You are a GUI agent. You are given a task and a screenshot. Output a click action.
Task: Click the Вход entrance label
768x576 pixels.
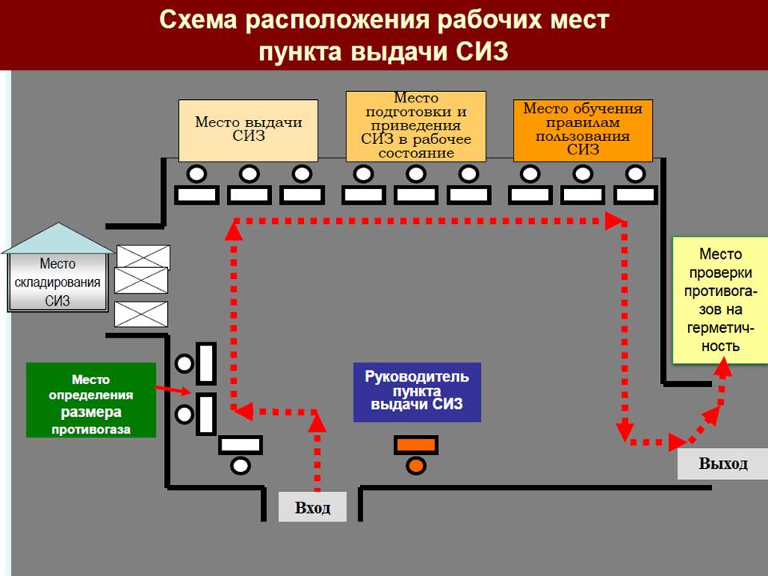[x=312, y=508]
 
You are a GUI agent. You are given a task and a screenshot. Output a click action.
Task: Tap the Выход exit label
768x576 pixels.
[x=722, y=464]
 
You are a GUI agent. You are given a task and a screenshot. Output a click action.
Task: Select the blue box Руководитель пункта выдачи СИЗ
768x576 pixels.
[x=417, y=391]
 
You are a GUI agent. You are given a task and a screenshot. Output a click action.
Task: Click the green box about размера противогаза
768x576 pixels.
[x=90, y=400]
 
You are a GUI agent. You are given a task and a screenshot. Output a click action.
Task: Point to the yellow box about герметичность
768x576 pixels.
[x=720, y=300]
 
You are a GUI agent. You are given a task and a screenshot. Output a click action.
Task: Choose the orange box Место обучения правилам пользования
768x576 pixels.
[x=582, y=130]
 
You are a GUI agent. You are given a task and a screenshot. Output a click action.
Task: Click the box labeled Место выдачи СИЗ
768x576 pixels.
[x=248, y=130]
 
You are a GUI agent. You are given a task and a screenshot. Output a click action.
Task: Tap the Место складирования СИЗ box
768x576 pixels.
[x=58, y=282]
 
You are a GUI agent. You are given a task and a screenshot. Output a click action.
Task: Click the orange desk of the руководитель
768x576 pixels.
[x=415, y=445]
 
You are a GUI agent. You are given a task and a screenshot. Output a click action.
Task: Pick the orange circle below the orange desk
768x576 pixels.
[x=415, y=465]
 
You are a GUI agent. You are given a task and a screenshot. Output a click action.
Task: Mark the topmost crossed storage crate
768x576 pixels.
[x=143, y=257]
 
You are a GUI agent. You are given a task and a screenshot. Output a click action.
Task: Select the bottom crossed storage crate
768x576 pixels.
[x=142, y=314]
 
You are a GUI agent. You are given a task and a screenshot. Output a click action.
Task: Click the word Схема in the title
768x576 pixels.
[x=197, y=20]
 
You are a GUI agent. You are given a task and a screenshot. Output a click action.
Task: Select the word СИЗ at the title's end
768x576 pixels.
[x=481, y=51]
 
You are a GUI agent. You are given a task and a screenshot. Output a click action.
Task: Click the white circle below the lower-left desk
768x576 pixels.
[x=240, y=465]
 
